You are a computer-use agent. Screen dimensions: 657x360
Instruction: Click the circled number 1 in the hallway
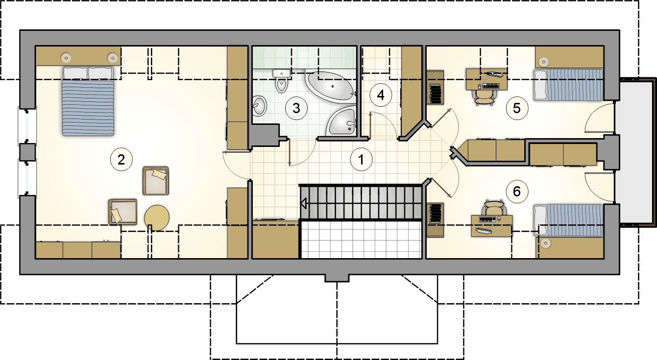tap(361, 160)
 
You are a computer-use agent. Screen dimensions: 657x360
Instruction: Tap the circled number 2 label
tap(121, 160)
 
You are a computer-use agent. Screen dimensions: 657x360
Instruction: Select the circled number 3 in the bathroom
tap(296, 108)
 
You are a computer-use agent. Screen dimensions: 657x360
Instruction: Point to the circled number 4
tap(381, 95)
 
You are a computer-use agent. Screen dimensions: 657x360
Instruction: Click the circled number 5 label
tap(517, 108)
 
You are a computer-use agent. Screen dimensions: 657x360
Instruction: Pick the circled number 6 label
tap(517, 192)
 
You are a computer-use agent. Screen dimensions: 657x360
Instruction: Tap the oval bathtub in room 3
tap(330, 86)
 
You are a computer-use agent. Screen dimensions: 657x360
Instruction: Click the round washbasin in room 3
tap(259, 105)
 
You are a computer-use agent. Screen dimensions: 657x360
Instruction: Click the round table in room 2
tap(157, 217)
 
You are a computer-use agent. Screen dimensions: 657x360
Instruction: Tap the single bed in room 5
tap(568, 85)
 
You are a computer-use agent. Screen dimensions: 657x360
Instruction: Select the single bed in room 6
tap(568, 220)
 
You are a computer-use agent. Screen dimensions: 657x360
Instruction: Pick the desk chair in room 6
tap(494, 209)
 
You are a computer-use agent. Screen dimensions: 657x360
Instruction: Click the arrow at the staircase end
tap(304, 203)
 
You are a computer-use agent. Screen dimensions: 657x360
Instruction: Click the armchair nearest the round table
tap(122, 212)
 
